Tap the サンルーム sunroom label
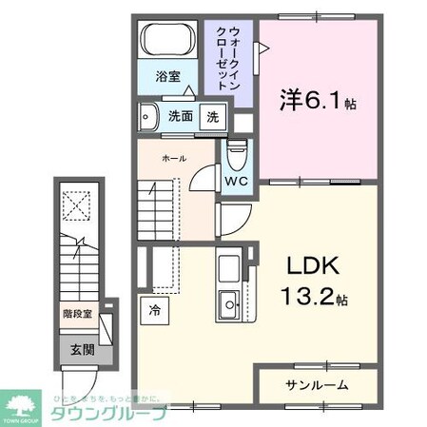(x=317, y=385)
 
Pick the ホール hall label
(x=173, y=159)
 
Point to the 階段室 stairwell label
(x=77, y=311)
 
